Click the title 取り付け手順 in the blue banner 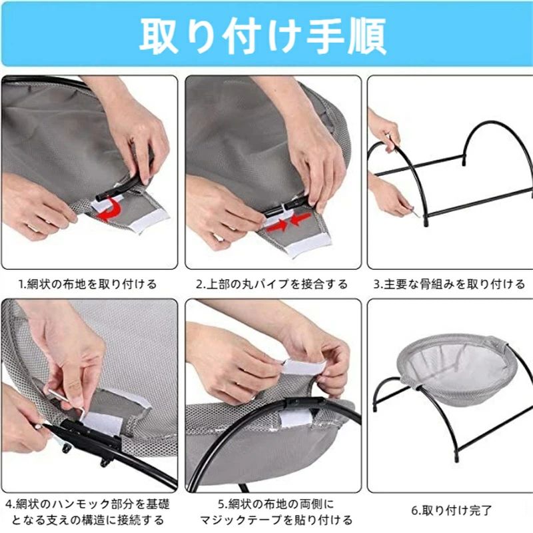point(263,36)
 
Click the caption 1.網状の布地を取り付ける point(88,284)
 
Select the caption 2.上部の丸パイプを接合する point(272,284)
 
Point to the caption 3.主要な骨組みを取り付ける point(449,284)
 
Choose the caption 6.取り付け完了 point(452,510)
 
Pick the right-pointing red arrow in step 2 point(277,225)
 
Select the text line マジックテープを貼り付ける point(276,520)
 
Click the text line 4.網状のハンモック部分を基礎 point(88,504)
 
